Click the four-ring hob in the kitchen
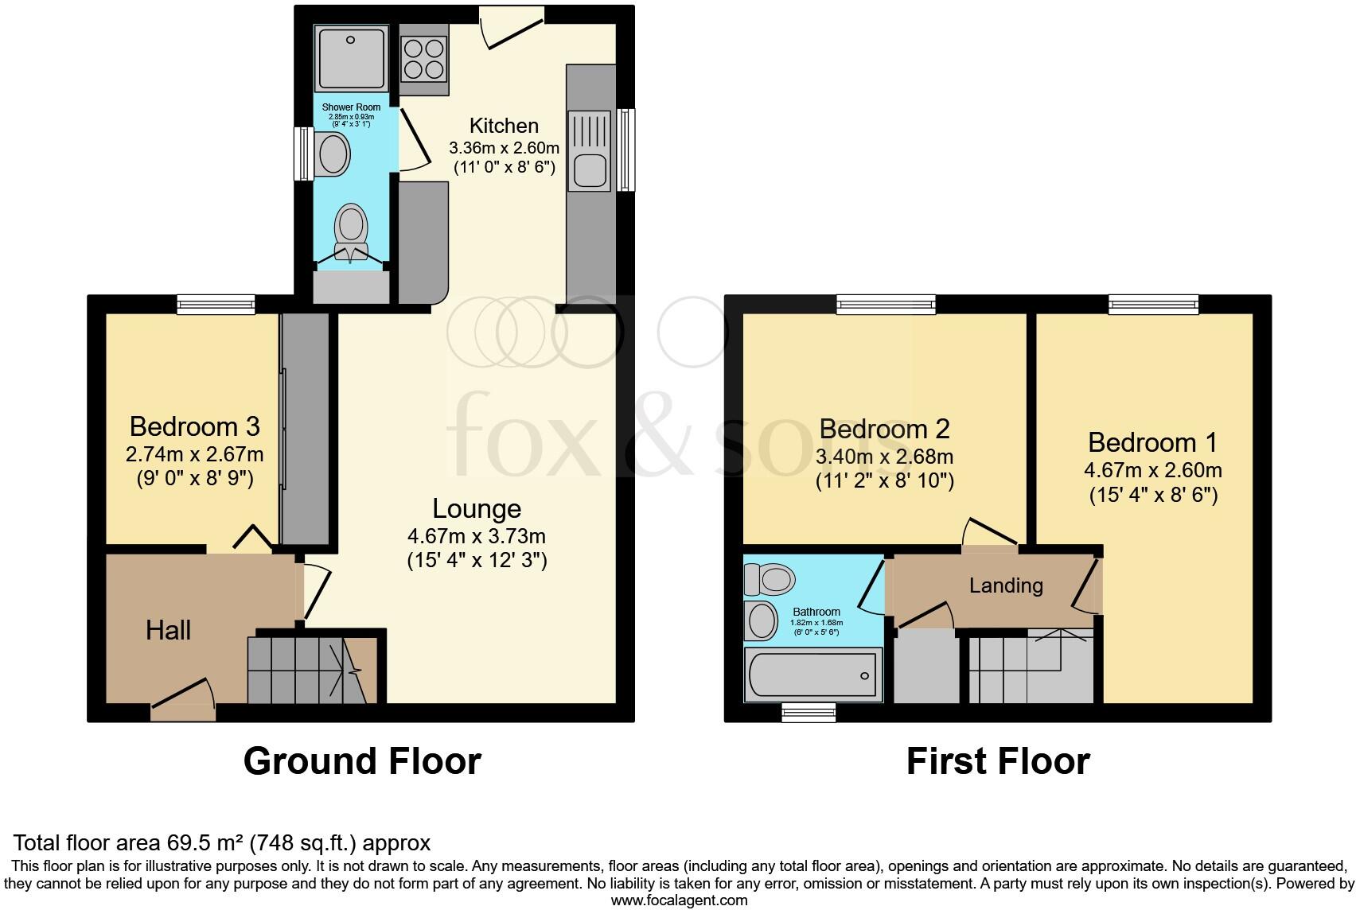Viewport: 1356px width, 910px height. [x=423, y=58]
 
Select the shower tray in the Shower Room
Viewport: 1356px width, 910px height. [x=351, y=58]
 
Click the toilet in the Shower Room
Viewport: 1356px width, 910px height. [x=351, y=227]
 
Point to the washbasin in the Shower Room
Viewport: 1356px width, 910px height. [x=333, y=154]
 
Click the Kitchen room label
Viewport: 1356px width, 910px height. [x=504, y=126]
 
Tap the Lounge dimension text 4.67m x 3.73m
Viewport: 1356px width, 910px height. [x=477, y=536]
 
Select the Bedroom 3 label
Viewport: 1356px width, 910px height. [x=194, y=427]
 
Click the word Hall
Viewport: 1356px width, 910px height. [x=168, y=631]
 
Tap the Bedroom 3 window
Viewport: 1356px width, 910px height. [x=216, y=304]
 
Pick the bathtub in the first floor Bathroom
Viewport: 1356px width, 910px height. [x=812, y=675]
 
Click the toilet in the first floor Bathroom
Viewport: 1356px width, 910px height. [x=770, y=579]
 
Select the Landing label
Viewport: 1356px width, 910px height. [x=1006, y=586]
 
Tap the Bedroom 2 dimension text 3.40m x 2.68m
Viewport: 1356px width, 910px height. [x=884, y=457]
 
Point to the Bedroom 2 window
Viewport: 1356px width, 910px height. [x=886, y=303]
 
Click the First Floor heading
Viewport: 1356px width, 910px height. [x=998, y=761]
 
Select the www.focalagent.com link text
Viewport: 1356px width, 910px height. [x=679, y=900]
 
